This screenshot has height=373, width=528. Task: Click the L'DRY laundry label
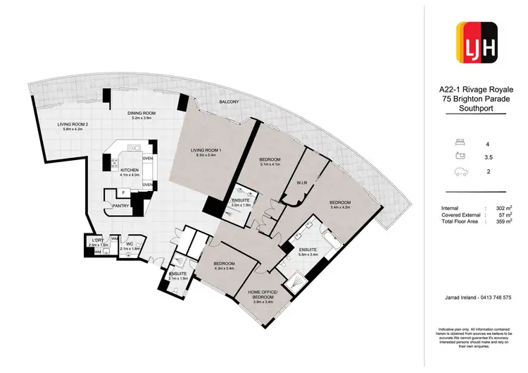pos(97,240)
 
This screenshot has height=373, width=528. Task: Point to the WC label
pos(130,244)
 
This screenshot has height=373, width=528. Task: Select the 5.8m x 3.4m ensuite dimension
pos(309,255)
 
